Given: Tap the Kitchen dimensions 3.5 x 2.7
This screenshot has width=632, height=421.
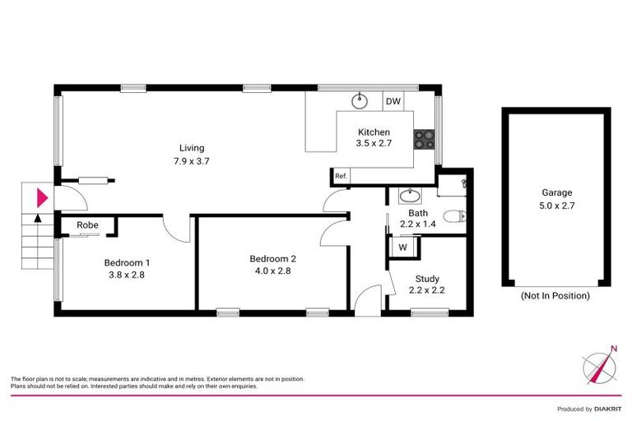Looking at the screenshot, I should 373,143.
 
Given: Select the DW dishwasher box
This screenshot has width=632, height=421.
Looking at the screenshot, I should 393,101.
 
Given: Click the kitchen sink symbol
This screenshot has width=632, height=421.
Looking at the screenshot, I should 360,101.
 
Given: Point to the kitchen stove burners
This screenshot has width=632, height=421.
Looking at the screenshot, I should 424,139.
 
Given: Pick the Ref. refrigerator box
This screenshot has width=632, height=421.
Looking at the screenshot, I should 341,175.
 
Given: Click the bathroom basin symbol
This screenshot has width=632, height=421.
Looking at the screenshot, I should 409,196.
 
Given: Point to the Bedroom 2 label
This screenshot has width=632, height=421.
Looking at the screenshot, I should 273,258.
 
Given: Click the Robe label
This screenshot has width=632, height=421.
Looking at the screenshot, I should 88,224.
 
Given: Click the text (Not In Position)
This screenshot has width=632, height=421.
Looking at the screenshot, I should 555,295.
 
